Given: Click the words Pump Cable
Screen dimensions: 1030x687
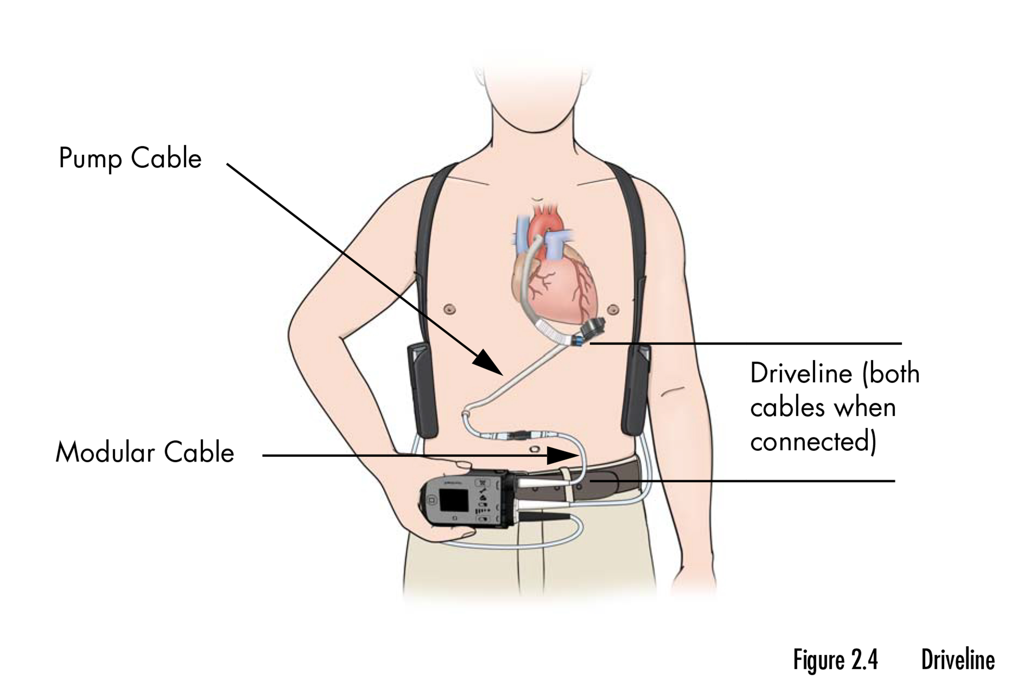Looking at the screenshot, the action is (x=130, y=159).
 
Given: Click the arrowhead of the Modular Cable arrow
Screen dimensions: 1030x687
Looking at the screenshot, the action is (x=563, y=456).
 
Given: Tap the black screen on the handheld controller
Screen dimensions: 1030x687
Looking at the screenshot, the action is (x=454, y=500).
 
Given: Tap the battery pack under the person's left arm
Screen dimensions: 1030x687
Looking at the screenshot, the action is (x=636, y=390).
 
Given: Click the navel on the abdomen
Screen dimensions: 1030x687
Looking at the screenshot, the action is (x=534, y=450).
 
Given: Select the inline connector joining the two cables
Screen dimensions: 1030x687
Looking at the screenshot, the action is (x=521, y=436).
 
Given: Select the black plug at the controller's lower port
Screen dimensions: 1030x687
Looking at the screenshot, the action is (x=547, y=517).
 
